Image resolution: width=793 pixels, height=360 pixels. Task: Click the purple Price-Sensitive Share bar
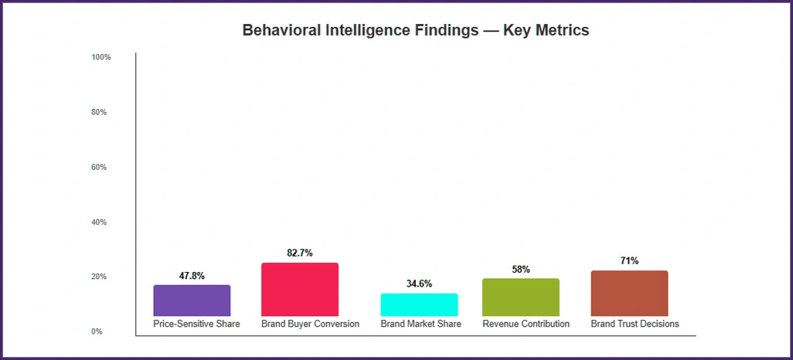(192, 300)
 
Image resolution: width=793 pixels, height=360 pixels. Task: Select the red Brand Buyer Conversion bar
(300, 289)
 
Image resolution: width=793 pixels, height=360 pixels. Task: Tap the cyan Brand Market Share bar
(419, 304)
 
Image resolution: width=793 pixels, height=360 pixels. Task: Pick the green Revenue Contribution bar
(520, 297)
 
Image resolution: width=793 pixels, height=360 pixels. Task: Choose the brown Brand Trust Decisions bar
(629, 293)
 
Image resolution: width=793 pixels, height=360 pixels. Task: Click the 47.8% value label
(191, 276)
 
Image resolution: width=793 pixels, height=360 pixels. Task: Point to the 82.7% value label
(299, 253)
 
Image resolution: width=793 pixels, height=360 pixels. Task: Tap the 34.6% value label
(419, 284)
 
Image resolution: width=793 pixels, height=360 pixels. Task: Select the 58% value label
(521, 270)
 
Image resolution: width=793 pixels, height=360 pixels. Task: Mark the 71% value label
(629, 261)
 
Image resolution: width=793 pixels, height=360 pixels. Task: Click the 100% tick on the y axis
(101, 57)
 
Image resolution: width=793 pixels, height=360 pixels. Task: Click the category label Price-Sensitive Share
(196, 324)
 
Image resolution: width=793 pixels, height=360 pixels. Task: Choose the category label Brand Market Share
(420, 324)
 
